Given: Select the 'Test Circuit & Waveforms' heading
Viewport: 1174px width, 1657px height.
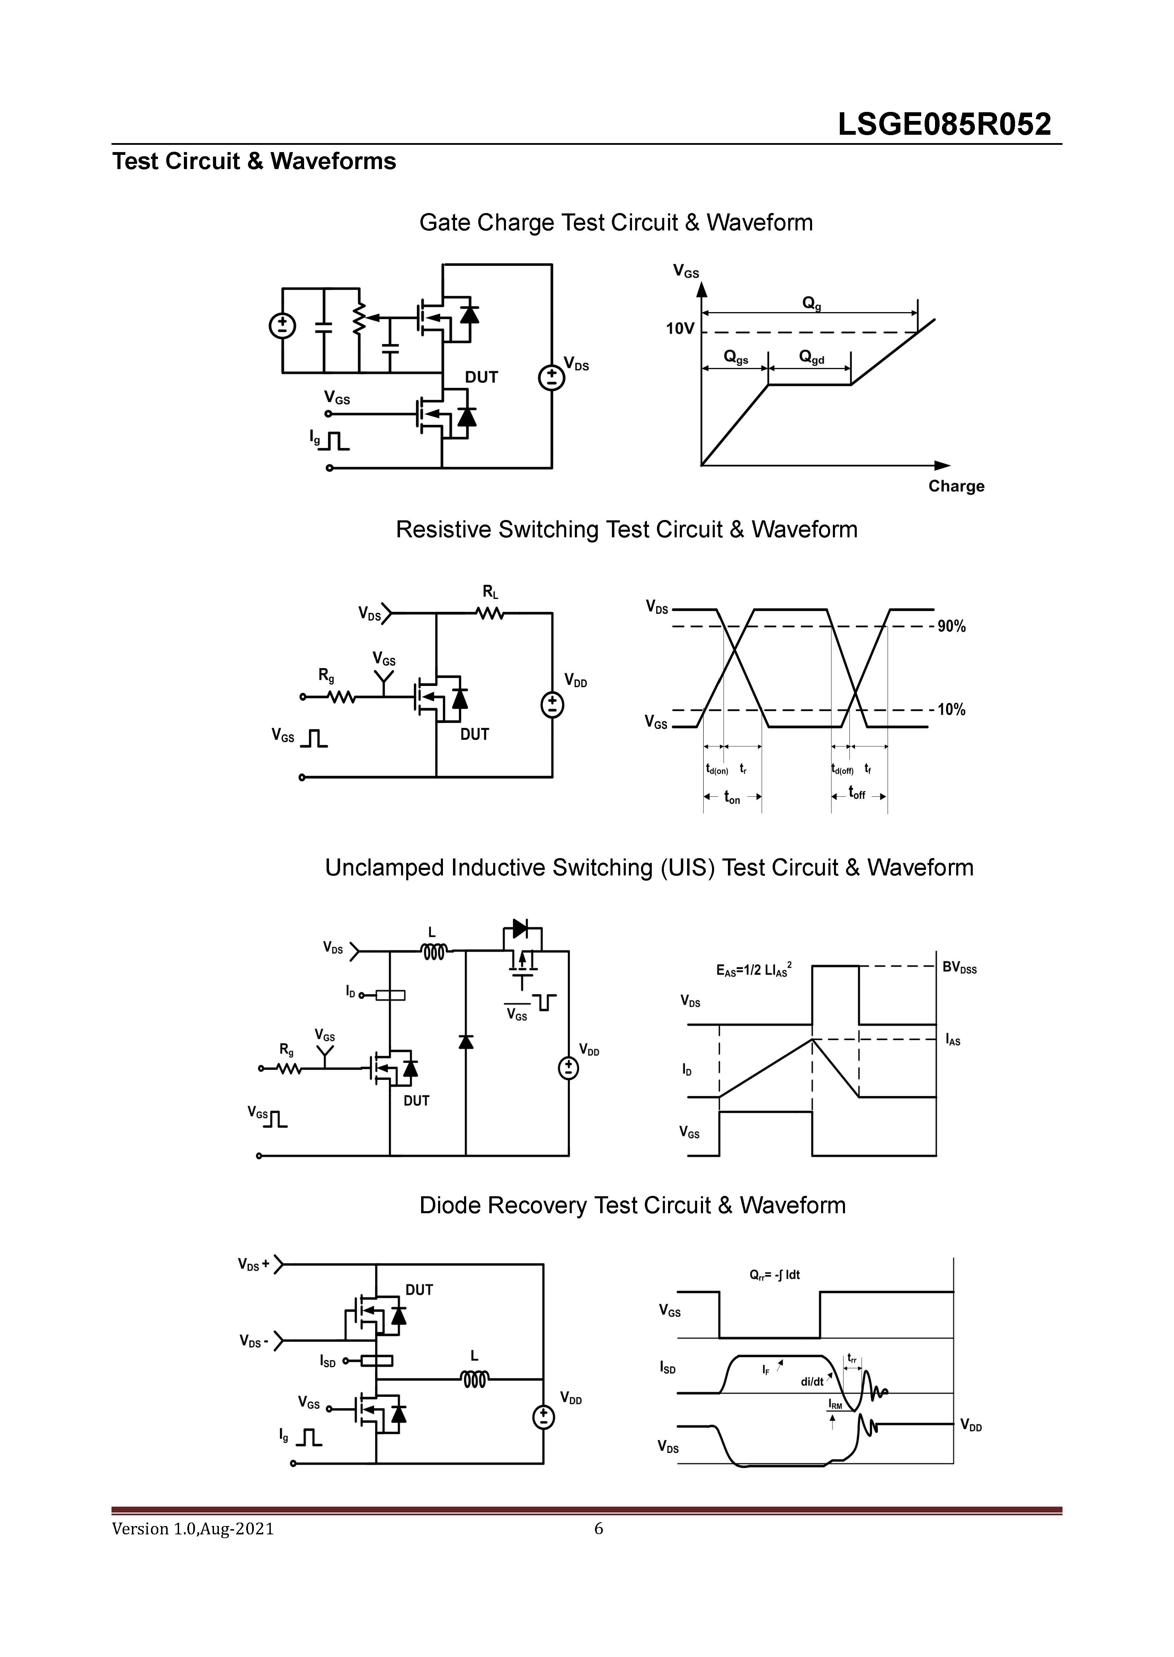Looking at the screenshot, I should click(254, 161).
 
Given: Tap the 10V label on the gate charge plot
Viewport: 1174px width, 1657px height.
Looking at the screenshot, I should click(679, 330).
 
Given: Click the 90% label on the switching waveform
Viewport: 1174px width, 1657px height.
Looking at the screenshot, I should click(951, 627).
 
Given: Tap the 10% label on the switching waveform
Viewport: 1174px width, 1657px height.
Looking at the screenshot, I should click(951, 710).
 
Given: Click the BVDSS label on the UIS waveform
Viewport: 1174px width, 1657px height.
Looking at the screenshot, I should click(959, 968).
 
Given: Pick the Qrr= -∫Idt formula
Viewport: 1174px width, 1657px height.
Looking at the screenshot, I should click(774, 1275).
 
